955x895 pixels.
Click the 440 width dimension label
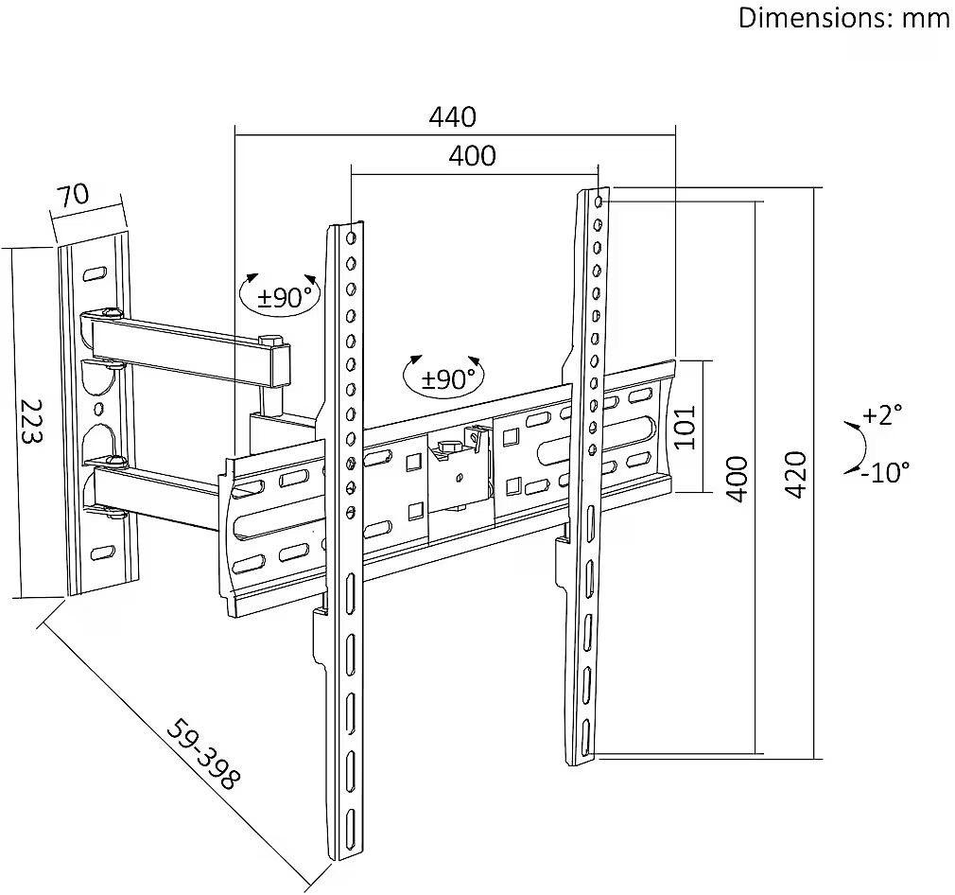click(x=453, y=116)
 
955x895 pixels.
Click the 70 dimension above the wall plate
click(x=73, y=196)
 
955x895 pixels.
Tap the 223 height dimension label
click(x=30, y=422)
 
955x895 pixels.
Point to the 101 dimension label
click(x=686, y=427)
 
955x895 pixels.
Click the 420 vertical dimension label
click(x=795, y=475)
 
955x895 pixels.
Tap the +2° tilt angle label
click(x=882, y=415)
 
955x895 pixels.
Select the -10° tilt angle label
click(x=886, y=471)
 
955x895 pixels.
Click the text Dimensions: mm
click(x=844, y=18)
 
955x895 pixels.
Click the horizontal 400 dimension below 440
click(x=472, y=156)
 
